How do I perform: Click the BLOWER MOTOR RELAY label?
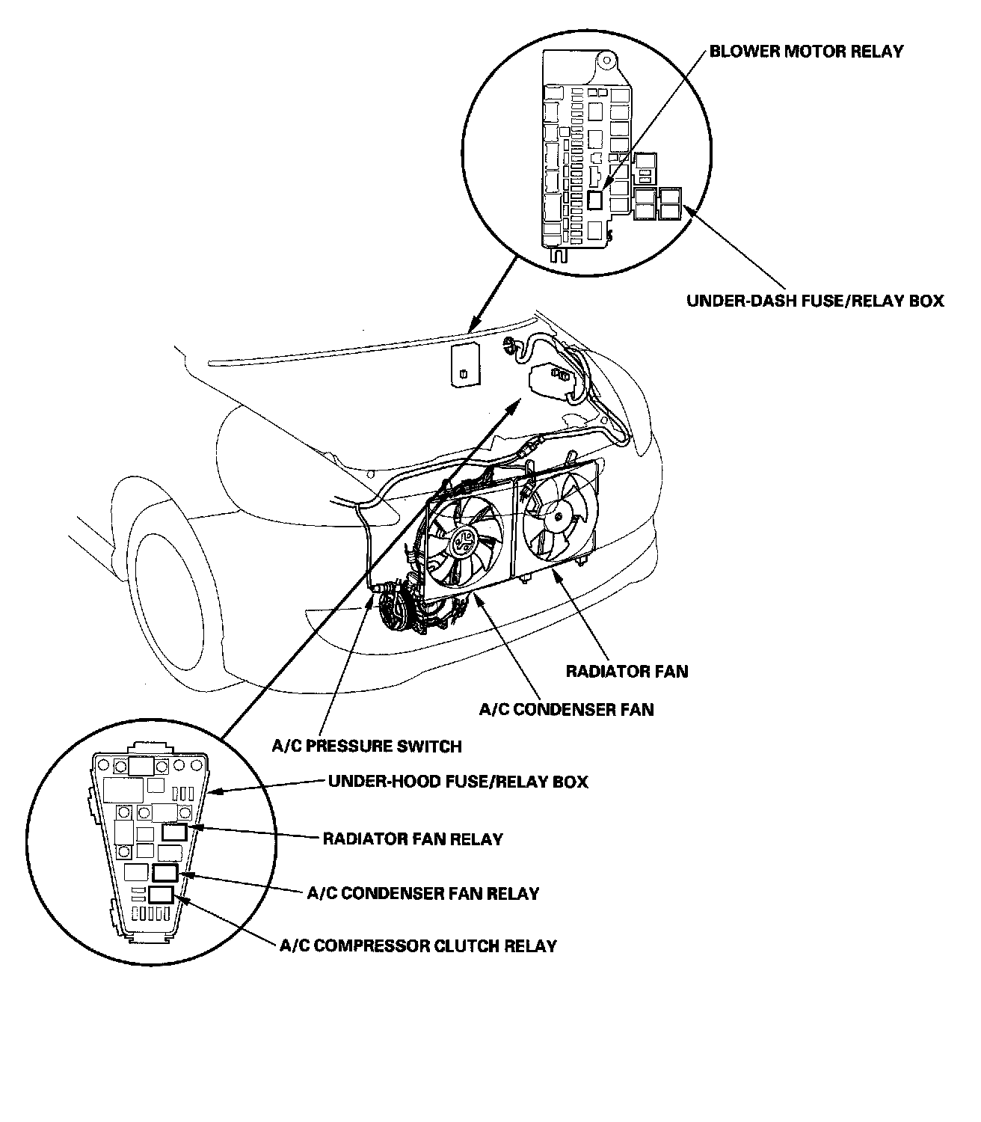point(806,52)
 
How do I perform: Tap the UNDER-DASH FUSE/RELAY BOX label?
point(815,301)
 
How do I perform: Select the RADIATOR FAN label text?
point(627,671)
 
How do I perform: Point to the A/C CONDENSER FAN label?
point(566,709)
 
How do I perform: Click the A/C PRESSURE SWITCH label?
point(366,746)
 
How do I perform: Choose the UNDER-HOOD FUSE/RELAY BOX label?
point(458,782)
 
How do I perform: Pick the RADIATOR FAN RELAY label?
point(413,839)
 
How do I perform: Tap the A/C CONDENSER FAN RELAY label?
point(423,893)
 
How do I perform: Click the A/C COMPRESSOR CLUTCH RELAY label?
point(418,945)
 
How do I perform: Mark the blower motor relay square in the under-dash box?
point(595,199)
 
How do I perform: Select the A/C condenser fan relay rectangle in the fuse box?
point(165,872)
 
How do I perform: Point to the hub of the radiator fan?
point(559,515)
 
